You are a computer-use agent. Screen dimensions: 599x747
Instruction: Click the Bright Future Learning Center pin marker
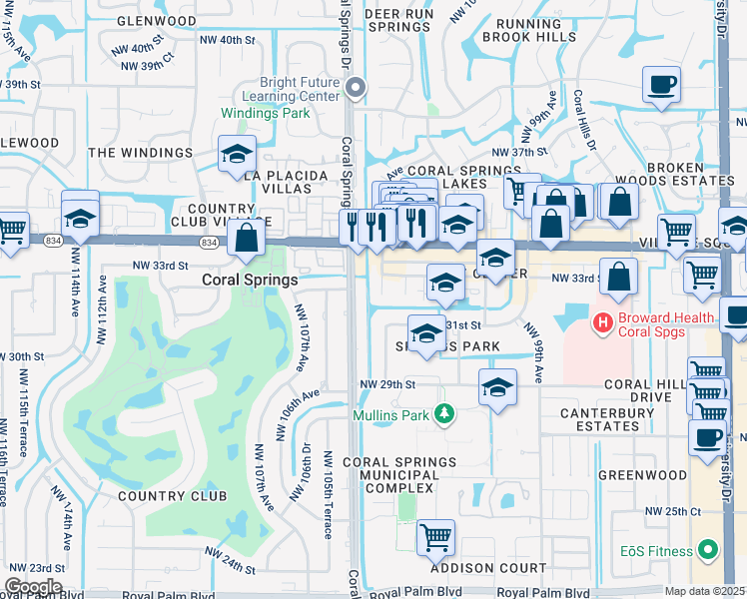pyautogui.click(x=356, y=89)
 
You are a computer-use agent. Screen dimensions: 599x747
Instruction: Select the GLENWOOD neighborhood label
pyautogui.click(x=157, y=20)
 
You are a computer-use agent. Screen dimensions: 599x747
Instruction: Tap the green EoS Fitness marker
pyautogui.click(x=707, y=550)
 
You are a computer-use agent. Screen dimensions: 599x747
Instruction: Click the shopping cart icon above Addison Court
pyautogui.click(x=435, y=537)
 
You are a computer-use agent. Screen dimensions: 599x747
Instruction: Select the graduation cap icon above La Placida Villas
pyautogui.click(x=238, y=155)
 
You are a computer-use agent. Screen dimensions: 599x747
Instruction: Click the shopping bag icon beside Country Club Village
pyautogui.click(x=246, y=239)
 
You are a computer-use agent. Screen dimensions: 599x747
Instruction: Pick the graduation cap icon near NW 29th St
pyautogui.click(x=496, y=387)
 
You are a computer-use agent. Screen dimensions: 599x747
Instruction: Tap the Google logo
pyautogui.click(x=33, y=586)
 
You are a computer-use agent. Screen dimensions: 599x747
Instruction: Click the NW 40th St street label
pyautogui.click(x=228, y=40)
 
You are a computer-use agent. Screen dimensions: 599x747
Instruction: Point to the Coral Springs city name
pyautogui.click(x=250, y=281)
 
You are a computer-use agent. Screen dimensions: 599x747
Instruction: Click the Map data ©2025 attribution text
pyautogui.click(x=704, y=591)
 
